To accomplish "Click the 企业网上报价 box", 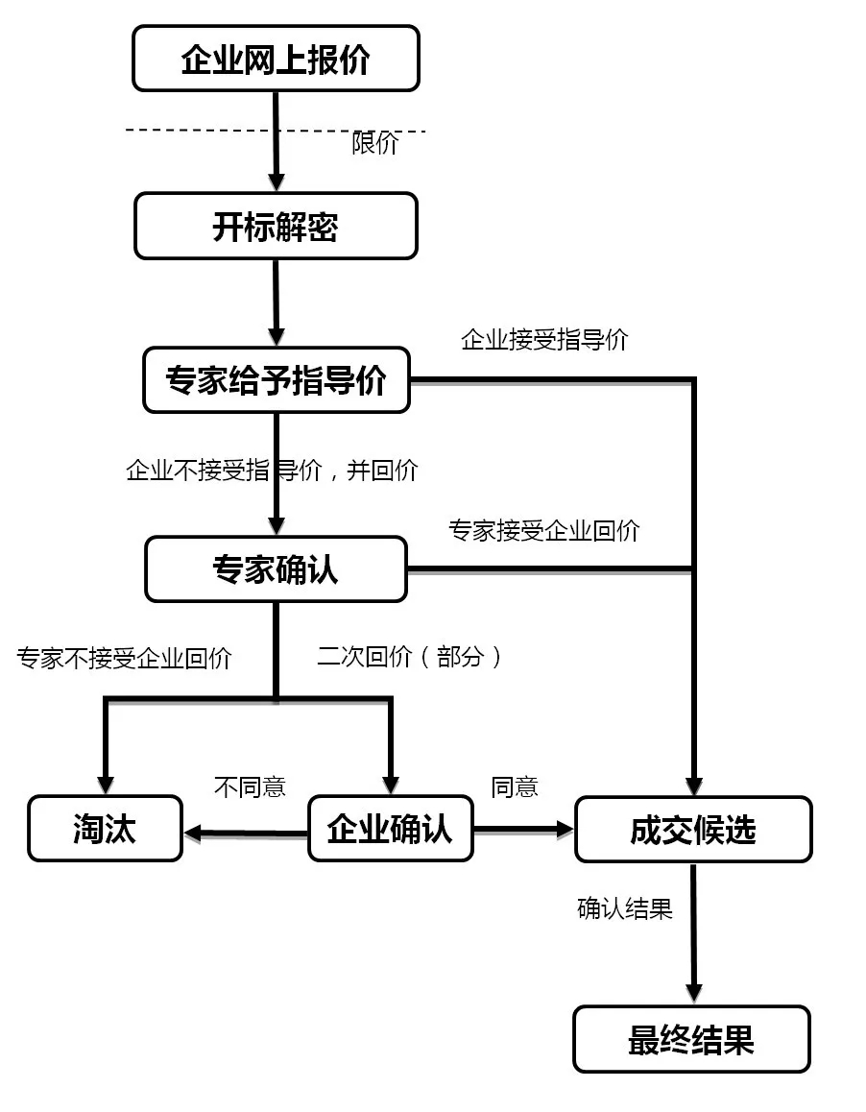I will click(x=276, y=59).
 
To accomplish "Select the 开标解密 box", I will click(x=276, y=227).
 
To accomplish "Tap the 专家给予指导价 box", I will click(x=277, y=380).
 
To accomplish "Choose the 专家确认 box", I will click(x=276, y=569).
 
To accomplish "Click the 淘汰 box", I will click(x=105, y=829).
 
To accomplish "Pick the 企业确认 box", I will click(x=390, y=829).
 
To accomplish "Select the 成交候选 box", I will click(x=692, y=829).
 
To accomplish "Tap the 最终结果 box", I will click(x=691, y=1039).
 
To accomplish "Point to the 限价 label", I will click(x=374, y=144).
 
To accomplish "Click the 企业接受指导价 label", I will click(x=544, y=340).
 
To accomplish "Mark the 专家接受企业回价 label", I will click(x=543, y=530).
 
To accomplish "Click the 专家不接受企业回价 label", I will click(x=124, y=659).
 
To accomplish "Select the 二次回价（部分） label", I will click(x=411, y=657).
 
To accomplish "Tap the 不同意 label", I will click(x=250, y=787).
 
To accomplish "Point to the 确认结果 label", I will click(x=625, y=908).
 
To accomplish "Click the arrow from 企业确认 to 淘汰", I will click(x=245, y=832).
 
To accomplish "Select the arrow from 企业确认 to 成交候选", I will click(x=524, y=828).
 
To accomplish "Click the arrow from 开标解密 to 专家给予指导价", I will click(x=277, y=302).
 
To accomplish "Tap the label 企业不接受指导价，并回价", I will click(x=272, y=471).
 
